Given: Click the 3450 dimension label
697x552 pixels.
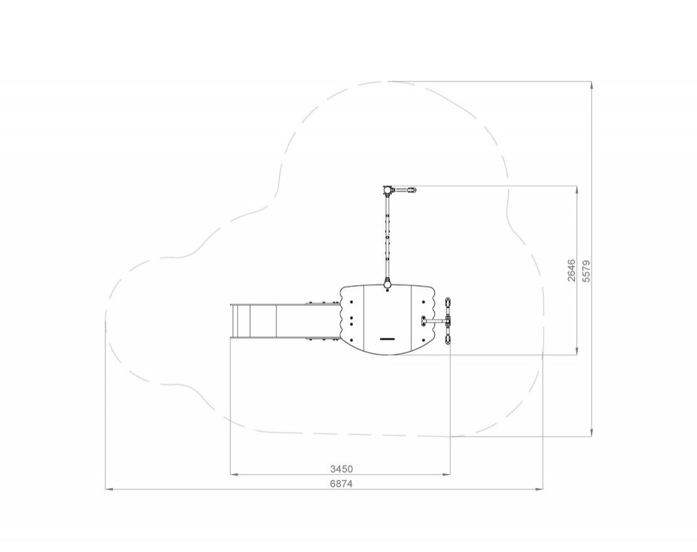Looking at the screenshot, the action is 342,468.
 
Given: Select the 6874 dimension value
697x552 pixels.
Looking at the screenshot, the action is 342,484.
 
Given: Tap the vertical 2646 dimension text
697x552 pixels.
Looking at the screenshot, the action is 571,270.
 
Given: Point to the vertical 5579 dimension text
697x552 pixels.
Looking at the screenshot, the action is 586,271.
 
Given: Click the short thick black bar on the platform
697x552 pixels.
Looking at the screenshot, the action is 387,339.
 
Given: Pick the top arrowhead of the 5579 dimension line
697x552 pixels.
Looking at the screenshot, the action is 592,85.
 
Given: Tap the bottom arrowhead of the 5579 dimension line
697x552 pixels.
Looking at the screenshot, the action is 592,433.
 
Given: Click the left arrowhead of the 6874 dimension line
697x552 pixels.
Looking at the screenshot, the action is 109,489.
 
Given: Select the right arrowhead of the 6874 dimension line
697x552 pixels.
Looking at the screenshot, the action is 539,489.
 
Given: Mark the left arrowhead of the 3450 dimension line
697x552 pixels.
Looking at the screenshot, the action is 234,474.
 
